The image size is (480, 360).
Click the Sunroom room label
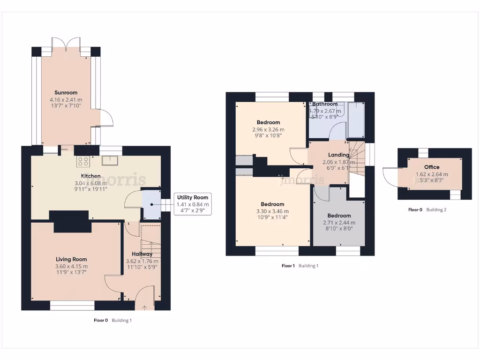pos(66,93)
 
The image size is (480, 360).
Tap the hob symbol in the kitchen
pos(83,162)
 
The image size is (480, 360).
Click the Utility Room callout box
pos(192,204)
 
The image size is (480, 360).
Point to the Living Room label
pos(71,259)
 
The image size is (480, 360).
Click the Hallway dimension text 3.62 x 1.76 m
pos(142,262)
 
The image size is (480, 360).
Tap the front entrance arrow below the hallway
pos(144,308)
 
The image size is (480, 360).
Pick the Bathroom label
pos(325,104)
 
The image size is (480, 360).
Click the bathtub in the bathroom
pos(356,120)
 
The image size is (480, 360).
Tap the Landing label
pos(338,155)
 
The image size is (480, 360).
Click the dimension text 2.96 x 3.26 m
pos(268,129)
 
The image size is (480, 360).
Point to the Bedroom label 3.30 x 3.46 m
pos(272,204)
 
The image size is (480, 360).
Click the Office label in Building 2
pos(432,167)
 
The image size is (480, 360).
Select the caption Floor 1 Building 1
pos(300,266)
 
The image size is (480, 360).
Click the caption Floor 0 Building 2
pos(427,210)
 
